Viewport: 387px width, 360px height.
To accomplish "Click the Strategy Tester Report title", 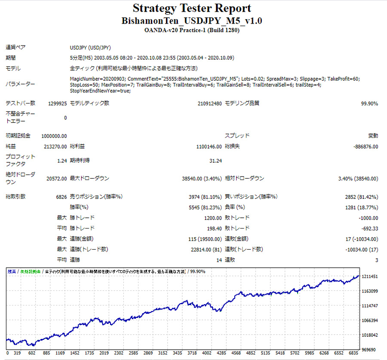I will coord(192,8).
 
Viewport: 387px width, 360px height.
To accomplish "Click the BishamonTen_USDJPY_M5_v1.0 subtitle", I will coord(192,21).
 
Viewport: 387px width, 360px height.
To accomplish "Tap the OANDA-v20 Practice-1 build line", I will coord(192,30).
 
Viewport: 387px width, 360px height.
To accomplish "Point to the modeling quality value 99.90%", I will coord(369,104).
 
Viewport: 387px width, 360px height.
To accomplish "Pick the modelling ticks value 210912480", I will coord(209,104).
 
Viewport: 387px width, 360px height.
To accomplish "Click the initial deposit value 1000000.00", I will coord(54,136).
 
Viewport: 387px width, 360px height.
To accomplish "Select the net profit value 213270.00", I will coord(55,146).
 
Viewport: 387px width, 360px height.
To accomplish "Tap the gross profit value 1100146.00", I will coord(209,146).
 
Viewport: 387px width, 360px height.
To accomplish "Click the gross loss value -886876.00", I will coord(365,146).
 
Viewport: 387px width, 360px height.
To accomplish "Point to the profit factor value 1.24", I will coord(62,161).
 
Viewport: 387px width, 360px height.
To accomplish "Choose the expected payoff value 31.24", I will coord(215,161).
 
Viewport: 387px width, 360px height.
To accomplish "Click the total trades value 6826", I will coord(61,197).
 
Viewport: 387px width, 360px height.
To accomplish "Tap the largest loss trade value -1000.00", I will coord(367,218).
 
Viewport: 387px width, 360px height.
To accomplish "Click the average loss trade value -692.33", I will coord(369,229).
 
